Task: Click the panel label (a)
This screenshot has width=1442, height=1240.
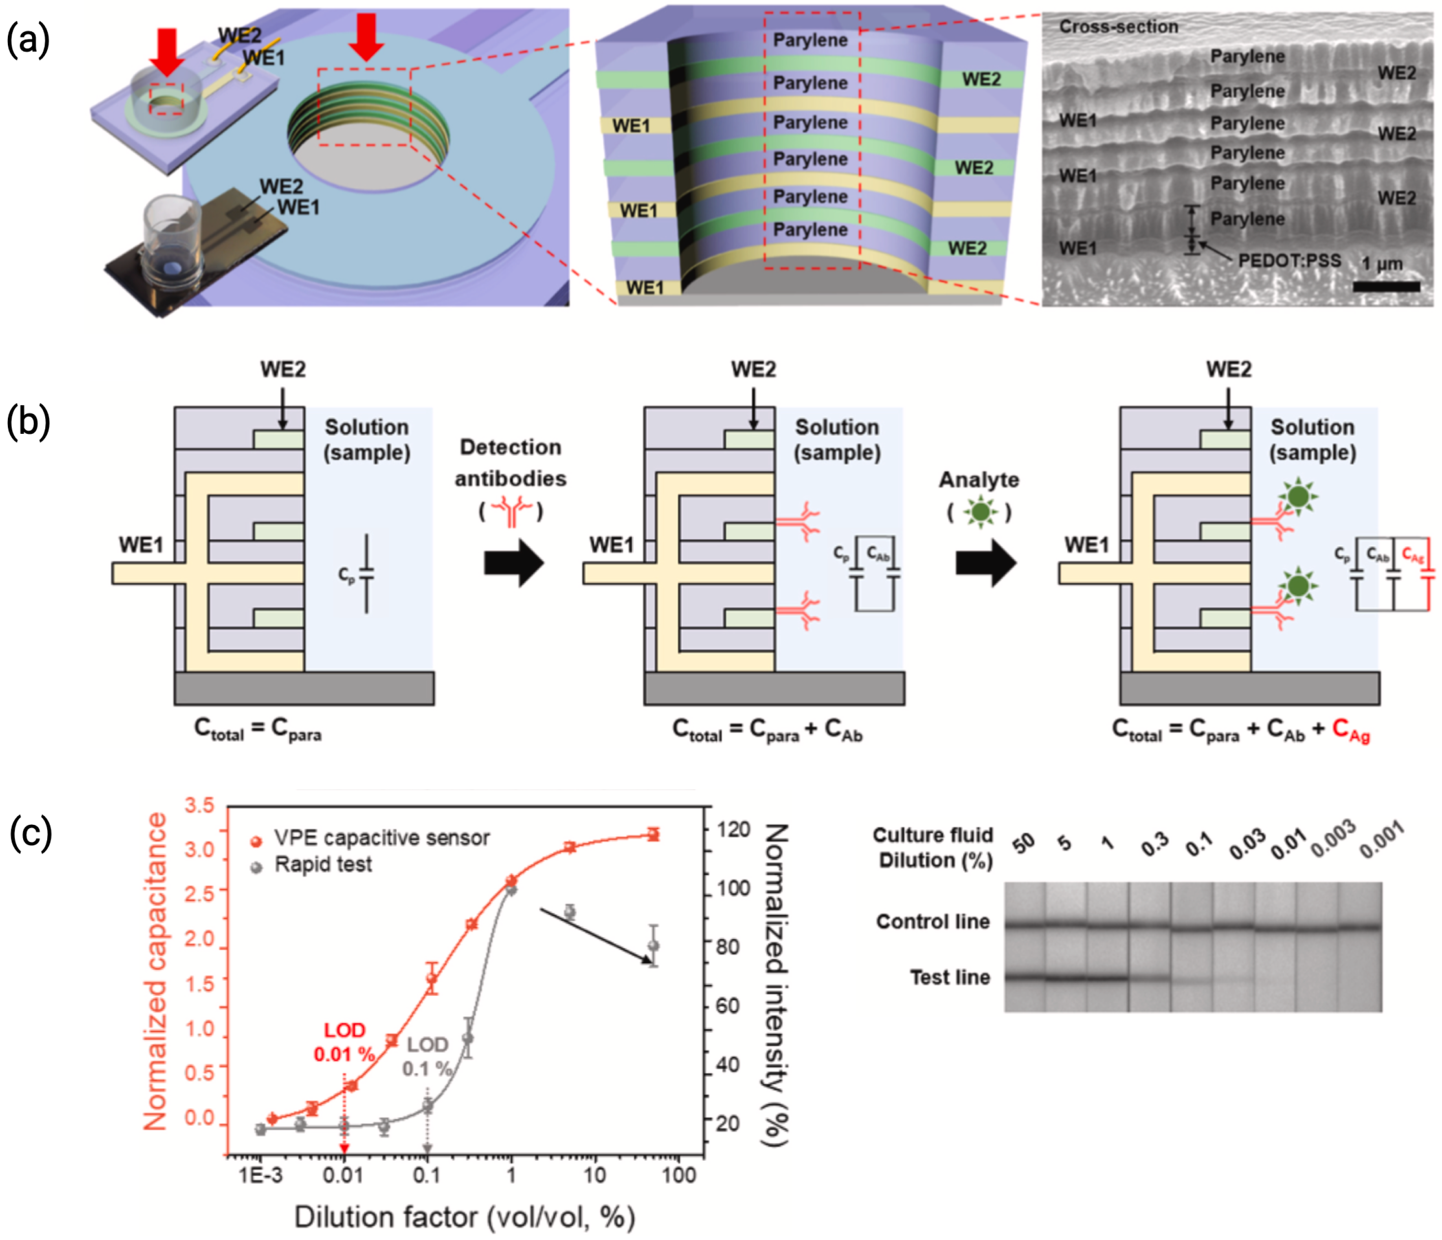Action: coord(28,40)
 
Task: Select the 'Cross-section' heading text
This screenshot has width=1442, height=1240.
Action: coord(1118,27)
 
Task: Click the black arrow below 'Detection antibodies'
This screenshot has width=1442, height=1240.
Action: coord(514,563)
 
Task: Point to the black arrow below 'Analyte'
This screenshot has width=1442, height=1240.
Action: coord(985,563)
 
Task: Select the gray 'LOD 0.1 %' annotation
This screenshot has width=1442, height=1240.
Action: coord(427,1056)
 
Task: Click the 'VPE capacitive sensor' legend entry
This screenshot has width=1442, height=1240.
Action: coord(382,838)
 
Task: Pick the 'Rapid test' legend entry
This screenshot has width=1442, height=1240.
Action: coord(323,865)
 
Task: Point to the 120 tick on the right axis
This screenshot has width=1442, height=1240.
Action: coord(734,829)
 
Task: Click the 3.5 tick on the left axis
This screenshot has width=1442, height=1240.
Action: coord(200,806)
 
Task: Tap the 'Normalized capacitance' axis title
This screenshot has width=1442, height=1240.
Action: coord(155,971)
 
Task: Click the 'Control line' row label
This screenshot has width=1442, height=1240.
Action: coord(933,921)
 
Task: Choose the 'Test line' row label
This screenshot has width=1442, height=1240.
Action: coord(949,977)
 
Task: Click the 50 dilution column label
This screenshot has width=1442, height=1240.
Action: coord(1023,844)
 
